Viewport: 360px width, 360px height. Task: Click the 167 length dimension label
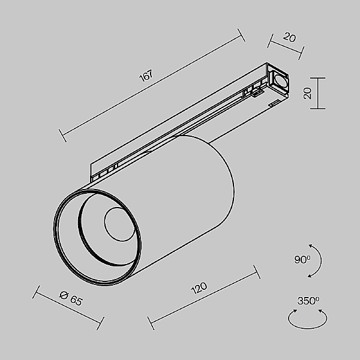145,76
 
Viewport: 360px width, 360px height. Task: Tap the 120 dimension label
199,288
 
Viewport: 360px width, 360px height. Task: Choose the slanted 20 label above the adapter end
289,38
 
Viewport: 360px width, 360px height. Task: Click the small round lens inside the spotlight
115,224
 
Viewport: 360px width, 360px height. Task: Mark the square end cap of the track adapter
280,81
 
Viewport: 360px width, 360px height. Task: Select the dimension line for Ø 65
68,308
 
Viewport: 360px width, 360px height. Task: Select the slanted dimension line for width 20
287,45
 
